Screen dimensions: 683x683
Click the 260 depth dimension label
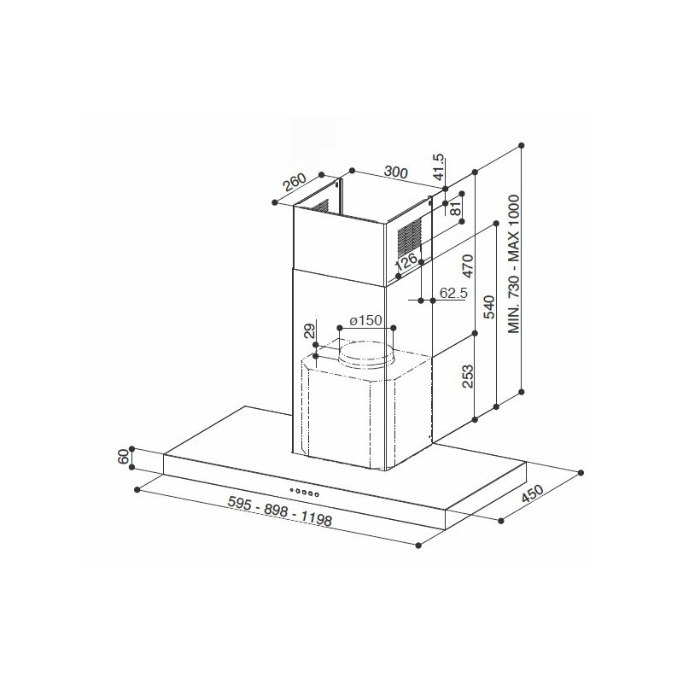tap(295, 182)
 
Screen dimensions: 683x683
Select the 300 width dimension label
tap(395, 172)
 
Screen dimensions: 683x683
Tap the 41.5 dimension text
tap(439, 166)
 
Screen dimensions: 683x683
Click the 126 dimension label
tap(406, 261)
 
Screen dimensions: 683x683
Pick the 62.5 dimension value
tap(453, 293)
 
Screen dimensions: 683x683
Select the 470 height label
tap(467, 266)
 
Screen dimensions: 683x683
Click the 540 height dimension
tap(489, 307)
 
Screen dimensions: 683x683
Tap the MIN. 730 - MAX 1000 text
tap(514, 265)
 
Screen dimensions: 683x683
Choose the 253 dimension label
tap(467, 377)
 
